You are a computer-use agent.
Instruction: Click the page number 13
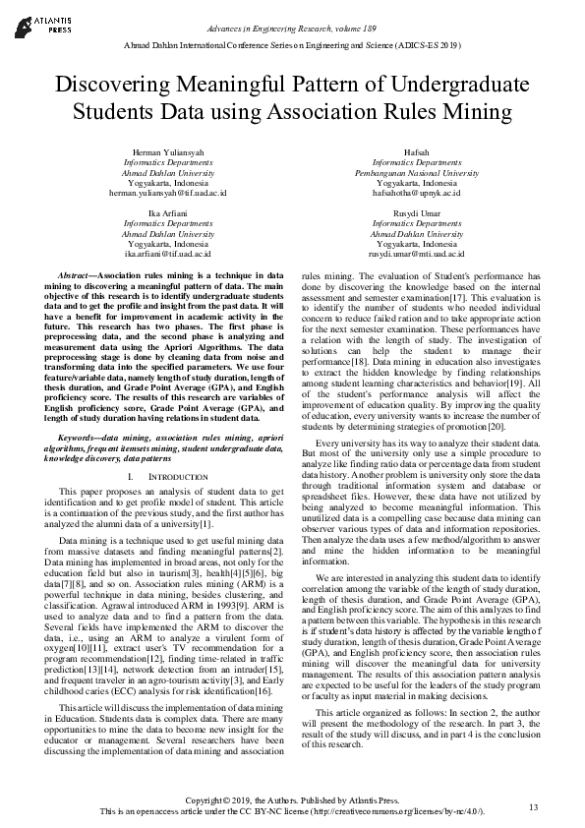coord(533,807)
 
